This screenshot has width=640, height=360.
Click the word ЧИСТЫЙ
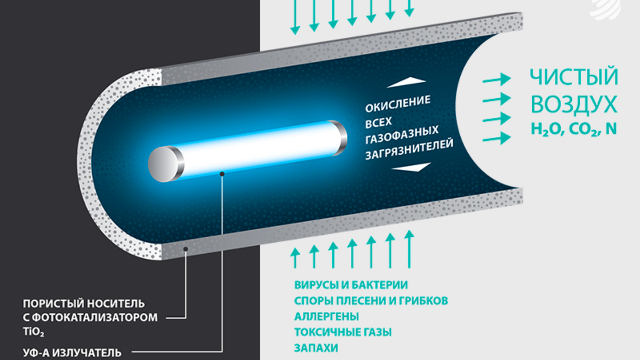(574, 77)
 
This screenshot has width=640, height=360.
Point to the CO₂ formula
(579, 129)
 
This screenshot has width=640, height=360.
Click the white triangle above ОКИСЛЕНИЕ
(407, 81)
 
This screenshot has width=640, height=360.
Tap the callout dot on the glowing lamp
(222, 173)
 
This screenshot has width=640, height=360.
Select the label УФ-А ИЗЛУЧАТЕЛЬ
(72, 352)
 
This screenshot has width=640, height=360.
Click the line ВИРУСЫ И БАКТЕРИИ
(350, 285)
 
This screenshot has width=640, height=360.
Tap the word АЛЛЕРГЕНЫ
(326, 316)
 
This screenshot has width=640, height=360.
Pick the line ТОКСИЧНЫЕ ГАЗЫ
(343, 332)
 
